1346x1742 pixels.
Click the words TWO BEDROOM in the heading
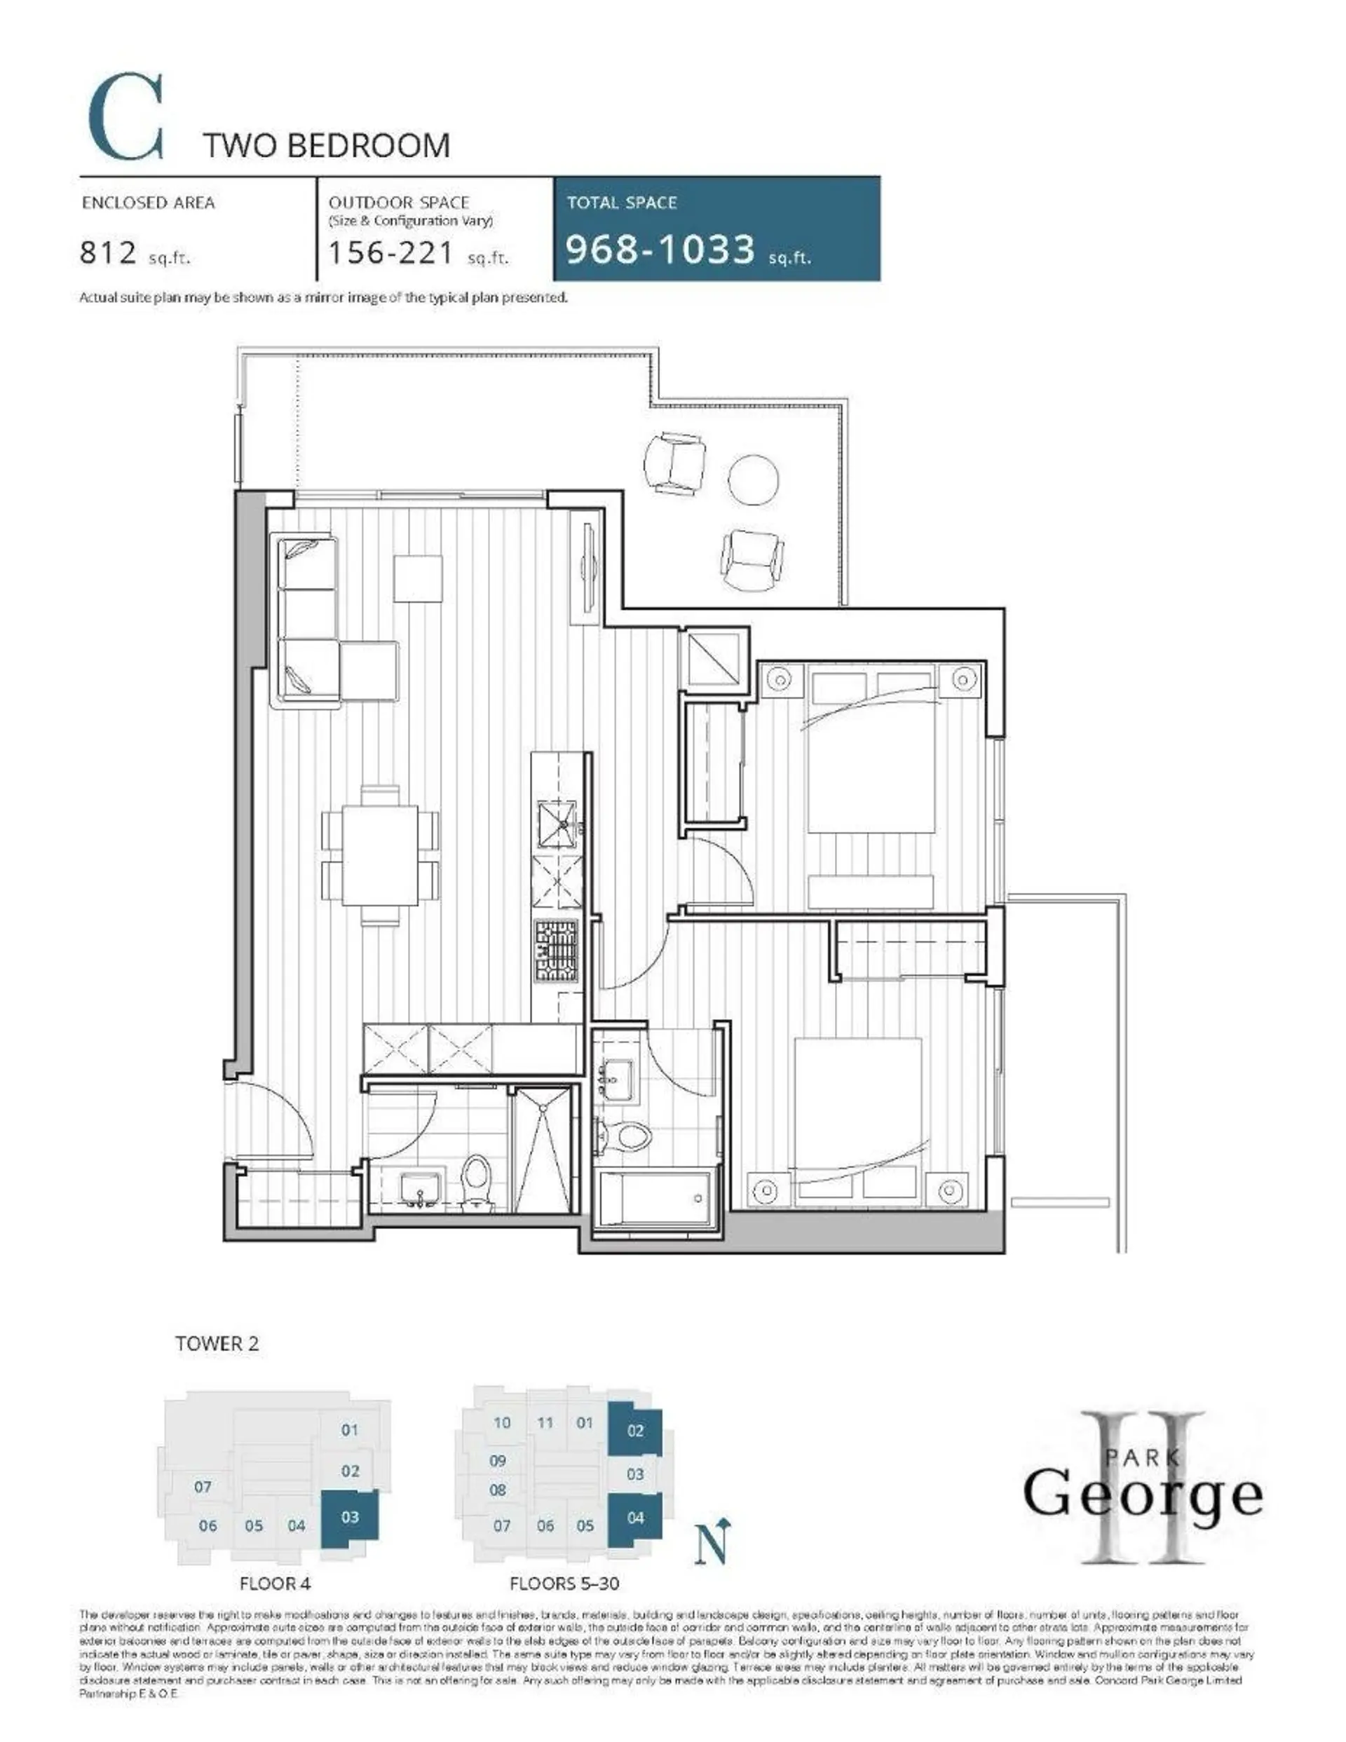[x=326, y=146]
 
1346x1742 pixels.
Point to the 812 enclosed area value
[x=109, y=253]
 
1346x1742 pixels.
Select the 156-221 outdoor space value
[x=391, y=253]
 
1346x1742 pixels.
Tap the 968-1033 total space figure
[x=660, y=249]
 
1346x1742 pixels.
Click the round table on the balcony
[x=752, y=479]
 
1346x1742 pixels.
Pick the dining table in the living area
[x=381, y=855]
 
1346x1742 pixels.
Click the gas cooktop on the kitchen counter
[x=556, y=951]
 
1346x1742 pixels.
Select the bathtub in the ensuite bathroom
[x=655, y=1197]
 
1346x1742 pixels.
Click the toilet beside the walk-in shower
[x=478, y=1180]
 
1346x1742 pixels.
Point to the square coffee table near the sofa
[x=417, y=579]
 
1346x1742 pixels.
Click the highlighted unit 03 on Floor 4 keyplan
[x=349, y=1517]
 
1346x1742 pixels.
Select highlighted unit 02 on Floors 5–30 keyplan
[x=635, y=1430]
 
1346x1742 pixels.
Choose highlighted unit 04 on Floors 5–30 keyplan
[x=635, y=1518]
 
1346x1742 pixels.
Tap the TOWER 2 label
[x=217, y=1343]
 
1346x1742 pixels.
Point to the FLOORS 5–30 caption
[x=564, y=1584]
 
